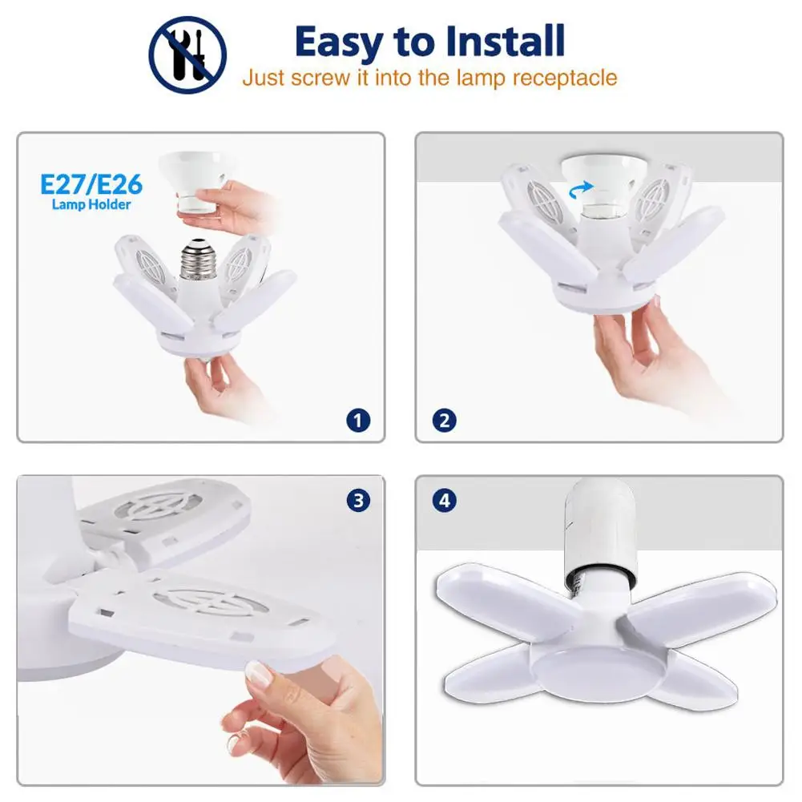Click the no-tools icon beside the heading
point(187,54)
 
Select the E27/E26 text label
point(91,185)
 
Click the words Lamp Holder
point(91,205)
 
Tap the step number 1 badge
point(358,419)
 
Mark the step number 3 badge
point(358,502)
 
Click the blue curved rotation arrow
point(582,187)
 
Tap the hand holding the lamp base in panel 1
point(215,385)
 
